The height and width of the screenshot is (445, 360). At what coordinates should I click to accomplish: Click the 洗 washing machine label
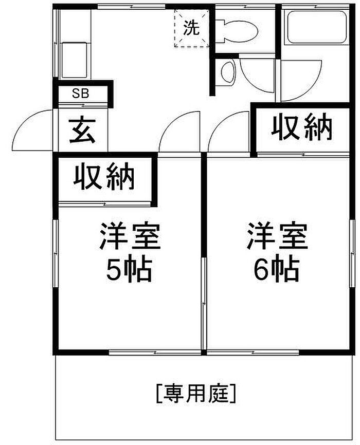tap(191, 28)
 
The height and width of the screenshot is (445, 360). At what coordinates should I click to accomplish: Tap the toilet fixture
tap(237, 31)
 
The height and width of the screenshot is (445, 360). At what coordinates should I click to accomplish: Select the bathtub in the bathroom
tap(317, 27)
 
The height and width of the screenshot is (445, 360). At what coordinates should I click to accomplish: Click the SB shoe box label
tap(80, 93)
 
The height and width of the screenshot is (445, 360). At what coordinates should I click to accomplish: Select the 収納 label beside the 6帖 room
tap(302, 127)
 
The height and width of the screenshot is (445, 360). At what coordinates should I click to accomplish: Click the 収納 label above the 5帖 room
tap(104, 176)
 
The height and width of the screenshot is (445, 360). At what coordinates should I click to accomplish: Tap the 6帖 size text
tap(276, 268)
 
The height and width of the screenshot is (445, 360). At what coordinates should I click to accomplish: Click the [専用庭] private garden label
tap(196, 394)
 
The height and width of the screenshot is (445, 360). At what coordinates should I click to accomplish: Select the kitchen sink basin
tap(74, 60)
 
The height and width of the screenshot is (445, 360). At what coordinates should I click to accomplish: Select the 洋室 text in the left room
tap(130, 236)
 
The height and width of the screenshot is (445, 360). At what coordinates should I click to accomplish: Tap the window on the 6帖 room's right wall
tap(352, 253)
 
